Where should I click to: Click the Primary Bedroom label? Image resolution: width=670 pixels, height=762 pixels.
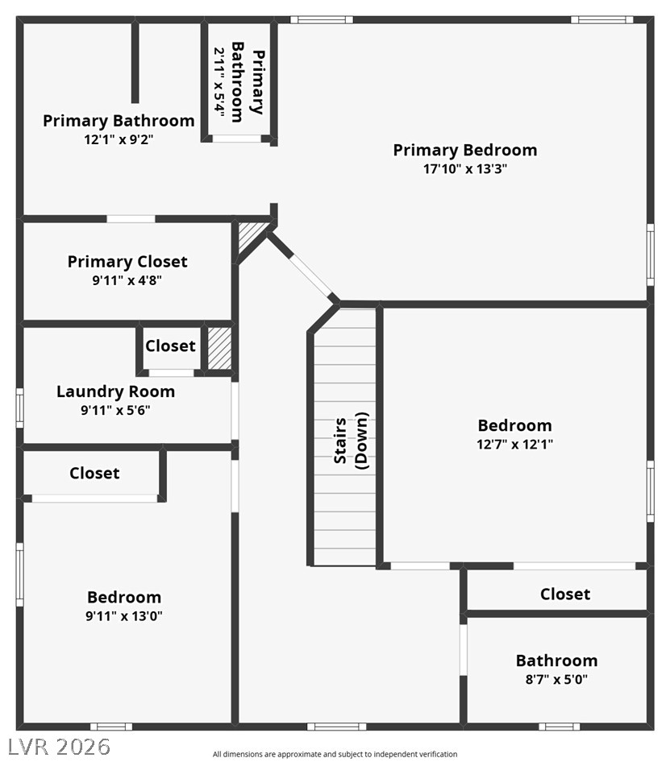(465, 150)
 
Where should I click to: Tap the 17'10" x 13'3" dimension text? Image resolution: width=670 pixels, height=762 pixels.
(465, 169)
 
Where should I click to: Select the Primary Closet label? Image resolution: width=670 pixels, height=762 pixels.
(127, 262)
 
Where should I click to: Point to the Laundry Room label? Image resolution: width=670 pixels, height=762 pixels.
(116, 391)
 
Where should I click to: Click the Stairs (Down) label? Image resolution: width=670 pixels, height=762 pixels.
(351, 441)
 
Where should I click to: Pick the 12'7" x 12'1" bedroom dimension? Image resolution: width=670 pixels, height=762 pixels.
(514, 444)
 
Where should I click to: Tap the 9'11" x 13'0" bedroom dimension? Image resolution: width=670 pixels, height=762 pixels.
(124, 616)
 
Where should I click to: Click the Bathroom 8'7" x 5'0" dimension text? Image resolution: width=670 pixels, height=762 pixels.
(556, 679)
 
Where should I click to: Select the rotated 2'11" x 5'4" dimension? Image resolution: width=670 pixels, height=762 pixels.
(220, 82)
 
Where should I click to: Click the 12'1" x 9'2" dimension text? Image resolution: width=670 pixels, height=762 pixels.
(119, 140)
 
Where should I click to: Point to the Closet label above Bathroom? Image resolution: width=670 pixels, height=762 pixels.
(565, 594)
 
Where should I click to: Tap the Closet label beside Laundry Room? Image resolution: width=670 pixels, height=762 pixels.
(170, 346)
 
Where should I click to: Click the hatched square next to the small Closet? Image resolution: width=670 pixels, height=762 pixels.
(219, 348)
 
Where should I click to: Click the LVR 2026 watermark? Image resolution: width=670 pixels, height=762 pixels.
(60, 747)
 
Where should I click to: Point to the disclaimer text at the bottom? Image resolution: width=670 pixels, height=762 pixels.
(335, 754)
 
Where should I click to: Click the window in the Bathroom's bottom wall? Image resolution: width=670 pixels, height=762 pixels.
(559, 727)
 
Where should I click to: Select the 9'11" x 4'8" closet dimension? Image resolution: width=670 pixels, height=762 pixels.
(127, 280)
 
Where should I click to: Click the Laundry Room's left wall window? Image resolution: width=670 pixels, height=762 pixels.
(20, 408)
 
